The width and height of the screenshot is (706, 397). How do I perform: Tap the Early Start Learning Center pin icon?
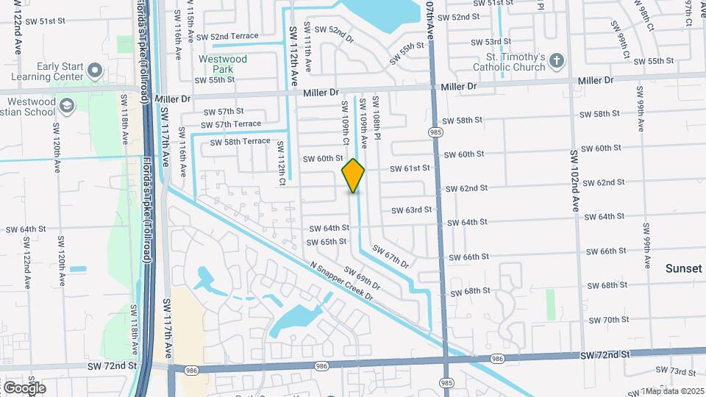click(94, 71)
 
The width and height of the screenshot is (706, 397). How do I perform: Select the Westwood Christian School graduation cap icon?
click(67, 107)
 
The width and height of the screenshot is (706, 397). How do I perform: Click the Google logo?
click(24, 387)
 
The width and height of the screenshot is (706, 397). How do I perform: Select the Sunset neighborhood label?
click(684, 269)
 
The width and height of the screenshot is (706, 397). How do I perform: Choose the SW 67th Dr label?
click(390, 257)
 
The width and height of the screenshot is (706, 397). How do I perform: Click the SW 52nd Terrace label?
click(224, 36)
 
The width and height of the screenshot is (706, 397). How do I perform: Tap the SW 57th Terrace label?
click(232, 124)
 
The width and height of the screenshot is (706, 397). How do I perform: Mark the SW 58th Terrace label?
click(240, 142)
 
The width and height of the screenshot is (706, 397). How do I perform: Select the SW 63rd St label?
click(411, 210)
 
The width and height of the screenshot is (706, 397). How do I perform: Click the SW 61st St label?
click(410, 168)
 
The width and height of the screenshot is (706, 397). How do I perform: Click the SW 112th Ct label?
click(281, 162)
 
